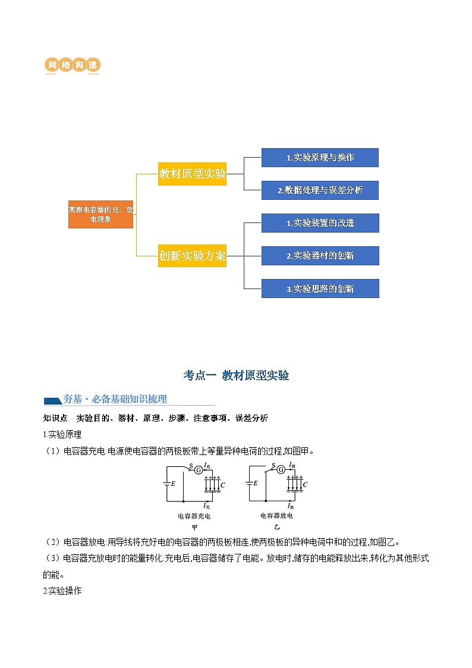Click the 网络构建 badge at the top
pyautogui.click(x=72, y=65)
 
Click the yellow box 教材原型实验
pyautogui.click(x=192, y=174)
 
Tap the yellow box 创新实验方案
pyautogui.click(x=192, y=256)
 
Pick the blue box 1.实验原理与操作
pyautogui.click(x=320, y=158)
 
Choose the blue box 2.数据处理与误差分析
pyautogui.click(x=320, y=190)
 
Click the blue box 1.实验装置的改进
pyautogui.click(x=320, y=223)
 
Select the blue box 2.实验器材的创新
pyautogui.click(x=320, y=256)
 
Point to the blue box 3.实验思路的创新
pyautogui.click(x=320, y=288)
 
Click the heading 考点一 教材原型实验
pyautogui.click(x=236, y=375)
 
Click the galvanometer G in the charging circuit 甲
pyautogui.click(x=199, y=470)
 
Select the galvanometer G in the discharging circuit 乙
pyautogui.click(x=281, y=470)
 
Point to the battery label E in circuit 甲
pyautogui.click(x=173, y=483)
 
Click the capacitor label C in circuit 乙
pyautogui.click(x=305, y=485)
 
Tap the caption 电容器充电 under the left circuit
pyautogui.click(x=194, y=516)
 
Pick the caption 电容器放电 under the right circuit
pyautogui.click(x=276, y=515)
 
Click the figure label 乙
pyautogui.click(x=276, y=527)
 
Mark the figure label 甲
pyautogui.click(x=194, y=527)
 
